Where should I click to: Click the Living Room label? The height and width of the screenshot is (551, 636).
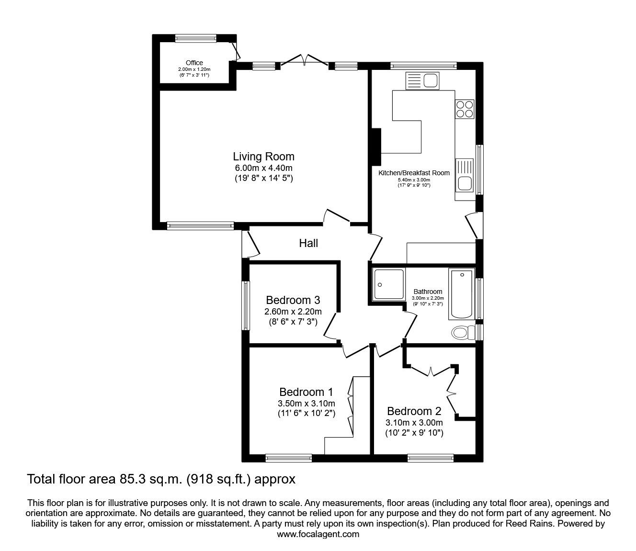coord(263,157)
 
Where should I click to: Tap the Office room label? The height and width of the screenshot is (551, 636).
coord(194,63)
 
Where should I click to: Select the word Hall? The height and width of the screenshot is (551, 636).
coord(308,243)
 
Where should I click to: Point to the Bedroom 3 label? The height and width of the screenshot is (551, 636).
coord(293,300)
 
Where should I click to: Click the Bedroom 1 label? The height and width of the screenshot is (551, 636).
coord(306,392)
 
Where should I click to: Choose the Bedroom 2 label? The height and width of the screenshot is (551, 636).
coord(414,411)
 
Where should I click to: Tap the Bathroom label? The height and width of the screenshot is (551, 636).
coord(428,292)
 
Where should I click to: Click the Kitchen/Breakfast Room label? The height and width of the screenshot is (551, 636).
coord(414,173)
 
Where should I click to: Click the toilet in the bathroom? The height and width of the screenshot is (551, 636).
coord(464,333)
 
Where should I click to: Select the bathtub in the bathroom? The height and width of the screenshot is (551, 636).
coord(462,294)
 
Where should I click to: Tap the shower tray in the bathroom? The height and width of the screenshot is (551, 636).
coord(388,284)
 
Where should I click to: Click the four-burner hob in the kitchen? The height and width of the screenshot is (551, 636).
coord(465,109)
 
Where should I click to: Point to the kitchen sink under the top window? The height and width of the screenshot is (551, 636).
coord(422,81)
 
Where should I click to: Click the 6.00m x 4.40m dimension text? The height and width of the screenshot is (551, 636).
coord(264,168)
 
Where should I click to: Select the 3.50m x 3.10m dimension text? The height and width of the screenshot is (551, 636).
coord(306,404)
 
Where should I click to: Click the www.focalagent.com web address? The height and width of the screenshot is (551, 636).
coord(318,534)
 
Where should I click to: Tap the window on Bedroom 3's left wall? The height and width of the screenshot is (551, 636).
coord(246,305)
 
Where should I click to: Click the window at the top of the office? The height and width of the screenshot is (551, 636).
coord(196,38)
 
